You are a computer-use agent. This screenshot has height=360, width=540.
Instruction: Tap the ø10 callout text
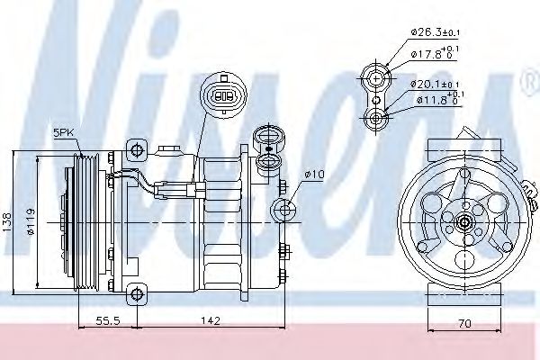(x=313, y=174)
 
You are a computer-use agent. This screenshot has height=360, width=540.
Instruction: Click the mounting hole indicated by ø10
(x=286, y=211)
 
